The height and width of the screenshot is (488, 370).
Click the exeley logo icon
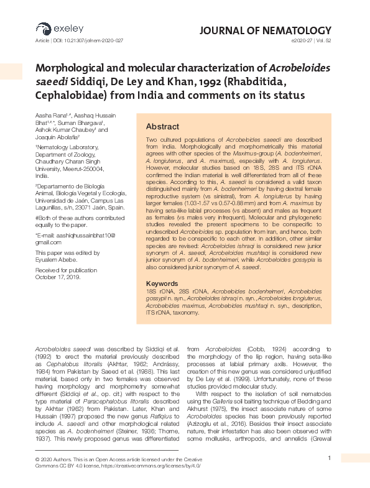click(x=43, y=28)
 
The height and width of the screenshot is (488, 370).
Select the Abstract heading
click(x=162, y=126)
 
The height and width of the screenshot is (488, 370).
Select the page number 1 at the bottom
click(x=328, y=459)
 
